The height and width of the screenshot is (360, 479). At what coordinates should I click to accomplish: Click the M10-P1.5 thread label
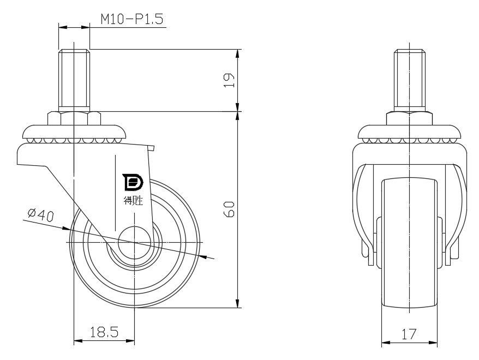[132, 19]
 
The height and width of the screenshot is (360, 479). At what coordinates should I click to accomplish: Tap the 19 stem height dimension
[229, 80]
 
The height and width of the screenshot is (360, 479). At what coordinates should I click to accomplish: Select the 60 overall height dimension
[229, 209]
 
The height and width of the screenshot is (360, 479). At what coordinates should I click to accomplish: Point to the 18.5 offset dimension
[104, 332]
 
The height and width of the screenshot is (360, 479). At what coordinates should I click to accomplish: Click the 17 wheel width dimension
[409, 334]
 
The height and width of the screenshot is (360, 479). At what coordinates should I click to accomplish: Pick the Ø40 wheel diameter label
[40, 215]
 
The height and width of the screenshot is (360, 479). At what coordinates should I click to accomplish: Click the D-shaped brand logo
[133, 182]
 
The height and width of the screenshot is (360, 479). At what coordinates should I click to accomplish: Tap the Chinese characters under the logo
[133, 201]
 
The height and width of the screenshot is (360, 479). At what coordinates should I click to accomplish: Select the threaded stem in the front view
[409, 80]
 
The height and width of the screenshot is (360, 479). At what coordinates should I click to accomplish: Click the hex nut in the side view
[74, 118]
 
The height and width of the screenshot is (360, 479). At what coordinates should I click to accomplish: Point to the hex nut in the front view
[409, 118]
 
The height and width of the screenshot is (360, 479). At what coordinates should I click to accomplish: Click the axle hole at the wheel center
[134, 242]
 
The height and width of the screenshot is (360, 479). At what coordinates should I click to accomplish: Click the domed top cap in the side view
[74, 131]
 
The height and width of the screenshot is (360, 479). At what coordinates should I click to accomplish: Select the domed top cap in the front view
[409, 132]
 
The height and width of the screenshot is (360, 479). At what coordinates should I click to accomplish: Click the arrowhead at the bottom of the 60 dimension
[238, 303]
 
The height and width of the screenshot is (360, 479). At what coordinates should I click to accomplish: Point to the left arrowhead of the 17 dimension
[386, 343]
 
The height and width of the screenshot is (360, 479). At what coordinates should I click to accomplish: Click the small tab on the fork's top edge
[151, 148]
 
